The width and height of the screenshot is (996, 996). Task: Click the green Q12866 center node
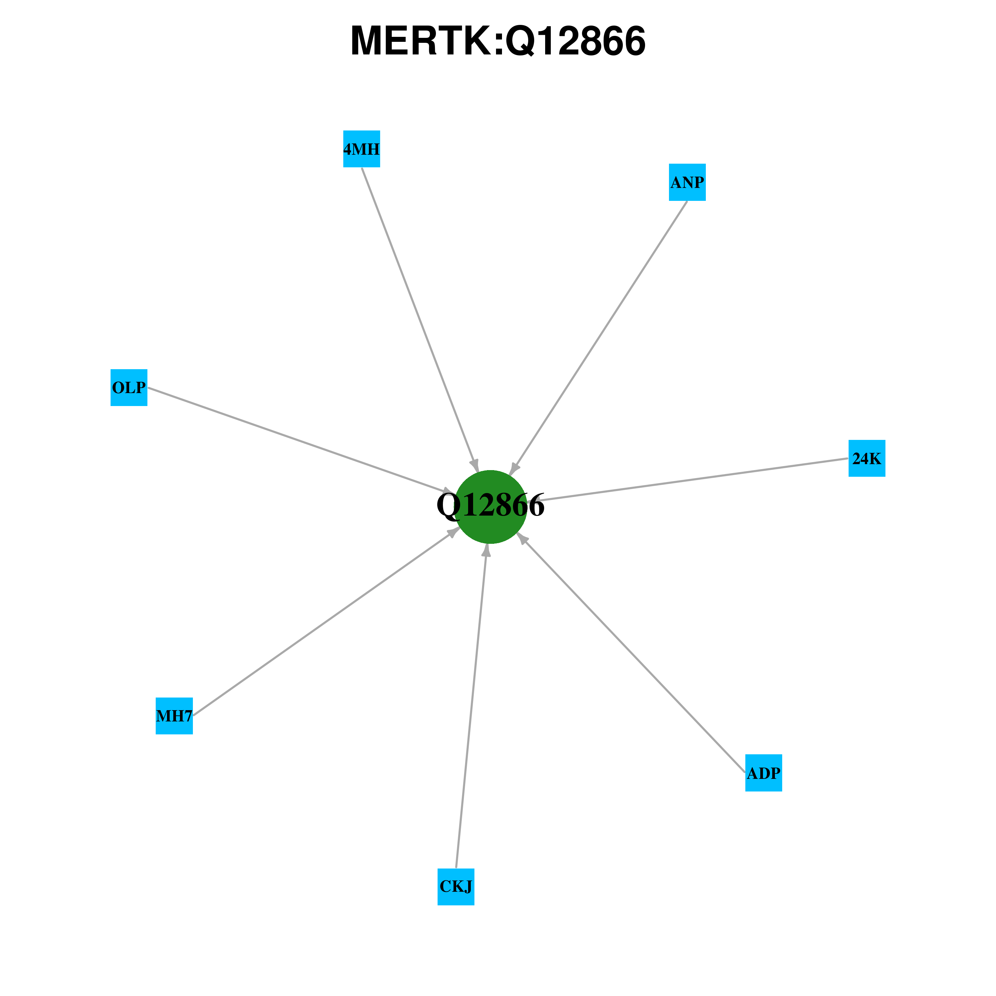click(490, 507)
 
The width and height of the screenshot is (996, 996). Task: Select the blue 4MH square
click(362, 149)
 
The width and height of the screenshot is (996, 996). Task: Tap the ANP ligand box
click(687, 183)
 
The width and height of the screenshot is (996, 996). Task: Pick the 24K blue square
click(867, 458)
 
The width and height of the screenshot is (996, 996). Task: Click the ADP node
click(764, 773)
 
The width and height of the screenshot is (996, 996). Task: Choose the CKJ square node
click(456, 887)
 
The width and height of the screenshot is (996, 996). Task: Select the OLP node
click(129, 388)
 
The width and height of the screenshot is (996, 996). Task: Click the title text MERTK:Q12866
click(498, 41)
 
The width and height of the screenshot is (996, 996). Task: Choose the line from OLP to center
click(299, 441)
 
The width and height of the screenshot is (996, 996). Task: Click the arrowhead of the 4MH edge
click(475, 465)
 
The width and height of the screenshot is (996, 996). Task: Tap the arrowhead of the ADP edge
click(522, 538)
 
